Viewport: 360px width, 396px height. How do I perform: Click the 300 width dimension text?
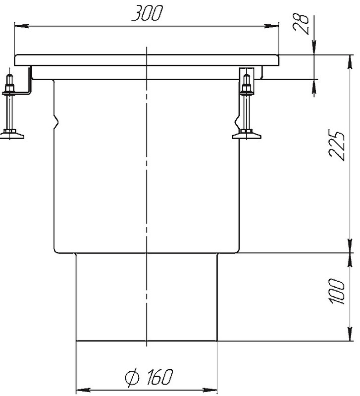pos(147,13)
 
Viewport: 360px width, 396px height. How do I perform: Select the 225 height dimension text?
pos(337,145)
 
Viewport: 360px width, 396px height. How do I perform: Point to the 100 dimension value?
pos(337,291)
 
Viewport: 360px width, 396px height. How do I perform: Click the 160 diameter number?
pos(160,377)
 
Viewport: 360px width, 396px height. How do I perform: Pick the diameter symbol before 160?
pos(132,377)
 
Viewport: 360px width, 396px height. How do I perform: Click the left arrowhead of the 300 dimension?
pos(21,26)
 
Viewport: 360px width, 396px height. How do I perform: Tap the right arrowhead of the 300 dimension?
pos(272,26)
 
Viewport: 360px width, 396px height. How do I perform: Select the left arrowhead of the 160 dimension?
pos(83,390)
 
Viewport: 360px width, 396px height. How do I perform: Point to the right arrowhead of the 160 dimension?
pos(210,390)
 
